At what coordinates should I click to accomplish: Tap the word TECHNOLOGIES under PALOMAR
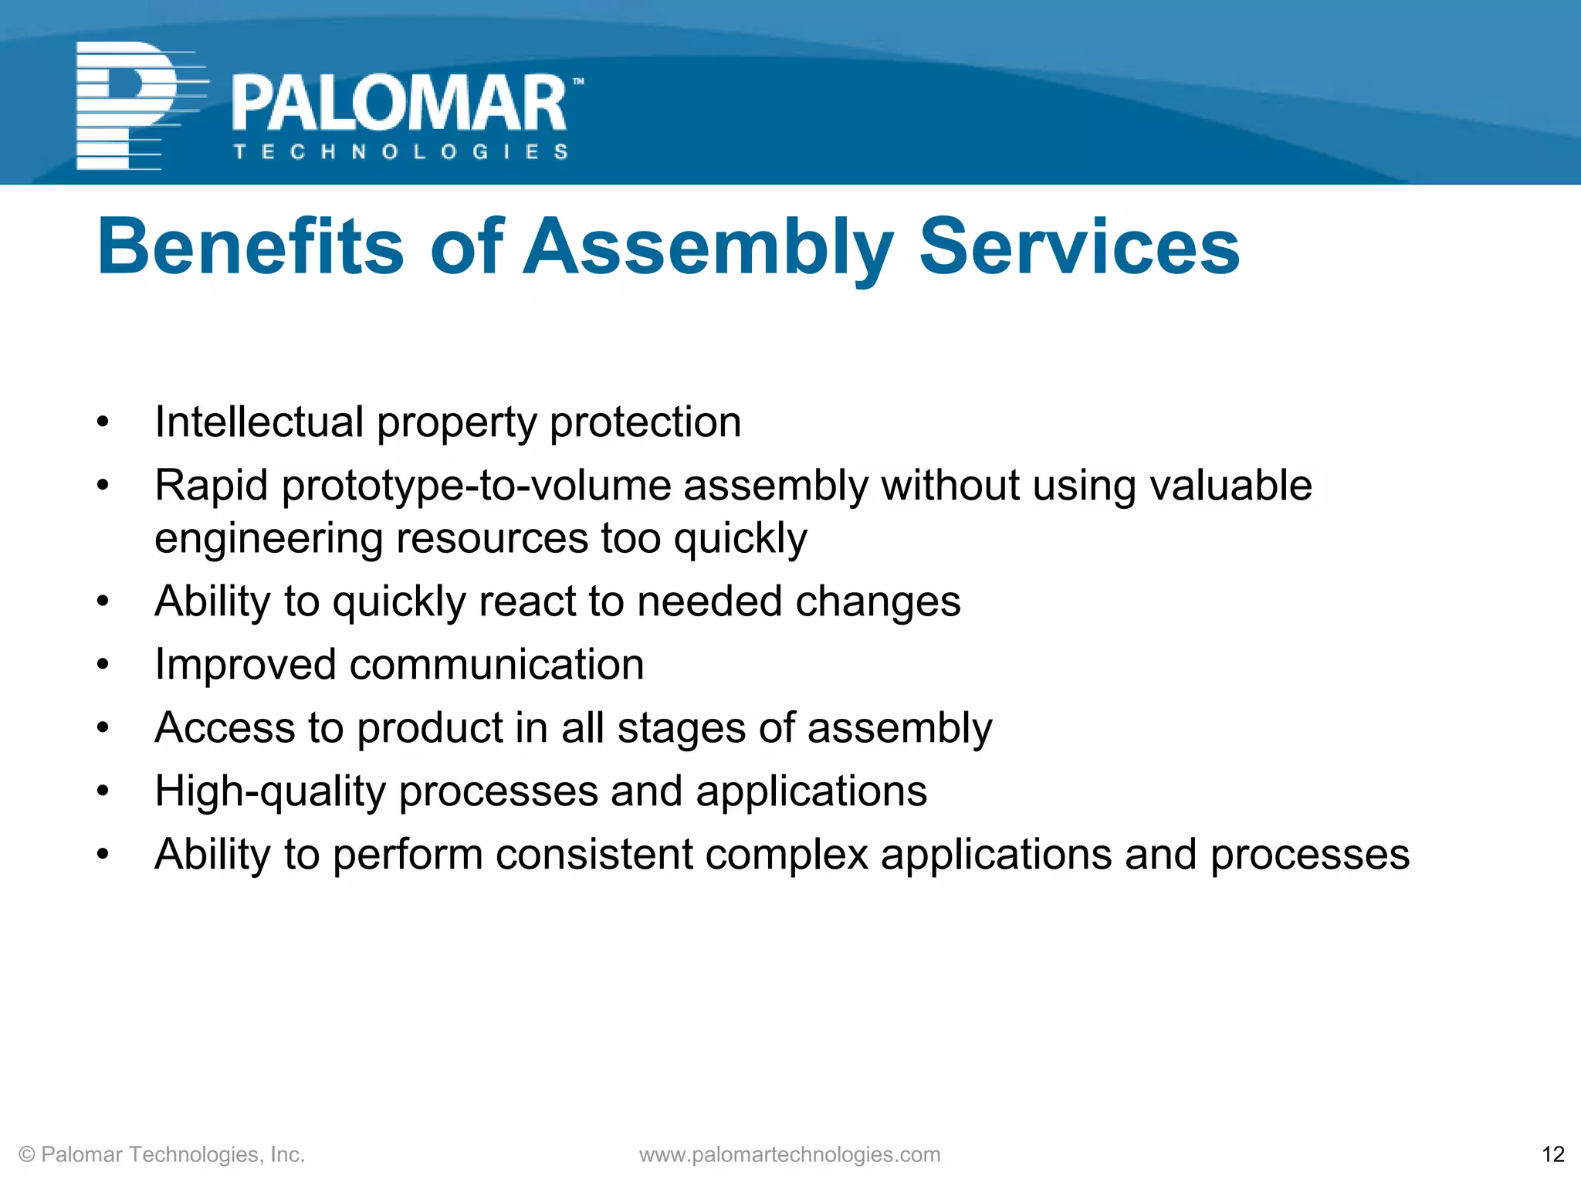click(x=401, y=152)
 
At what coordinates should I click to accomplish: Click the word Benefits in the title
click(x=250, y=247)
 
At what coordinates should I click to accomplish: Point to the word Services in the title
click(x=1079, y=247)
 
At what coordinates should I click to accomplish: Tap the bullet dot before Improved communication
click(x=103, y=664)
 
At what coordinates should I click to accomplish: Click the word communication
click(x=496, y=665)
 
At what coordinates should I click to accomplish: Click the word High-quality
click(x=269, y=791)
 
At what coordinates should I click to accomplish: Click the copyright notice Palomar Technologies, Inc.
click(x=162, y=1154)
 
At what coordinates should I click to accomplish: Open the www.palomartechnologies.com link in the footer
click(x=790, y=1154)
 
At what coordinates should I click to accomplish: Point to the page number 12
click(x=1552, y=1154)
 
